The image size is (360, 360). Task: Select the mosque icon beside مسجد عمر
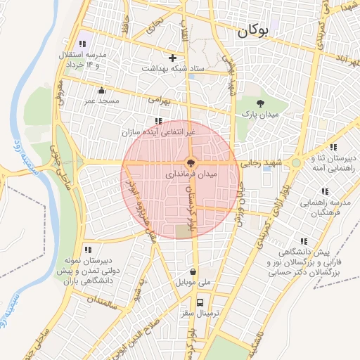click(x=102, y=90)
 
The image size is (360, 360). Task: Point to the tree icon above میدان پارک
click(x=261, y=103)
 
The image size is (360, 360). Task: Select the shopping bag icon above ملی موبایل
click(x=193, y=272)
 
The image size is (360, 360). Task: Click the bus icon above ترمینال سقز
click(x=202, y=302)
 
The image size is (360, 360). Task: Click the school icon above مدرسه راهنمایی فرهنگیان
click(x=324, y=191)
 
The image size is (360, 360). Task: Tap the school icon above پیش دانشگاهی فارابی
click(x=303, y=241)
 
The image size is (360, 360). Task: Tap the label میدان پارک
click(x=261, y=114)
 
